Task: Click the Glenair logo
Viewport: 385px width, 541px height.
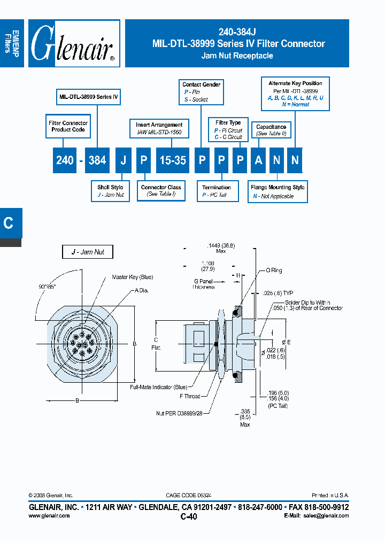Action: [x=74, y=44]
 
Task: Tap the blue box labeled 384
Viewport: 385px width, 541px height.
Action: [x=97, y=160]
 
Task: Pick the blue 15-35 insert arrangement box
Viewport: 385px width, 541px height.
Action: [x=173, y=160]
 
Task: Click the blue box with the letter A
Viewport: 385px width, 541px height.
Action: [x=258, y=160]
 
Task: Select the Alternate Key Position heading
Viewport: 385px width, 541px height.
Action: [x=295, y=83]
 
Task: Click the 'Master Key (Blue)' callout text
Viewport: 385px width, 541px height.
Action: [x=132, y=277]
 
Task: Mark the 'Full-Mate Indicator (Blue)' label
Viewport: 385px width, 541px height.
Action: [x=158, y=386]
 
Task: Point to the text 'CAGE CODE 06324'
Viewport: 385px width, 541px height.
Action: [x=192, y=496]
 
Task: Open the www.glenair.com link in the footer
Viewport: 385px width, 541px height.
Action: [x=49, y=515]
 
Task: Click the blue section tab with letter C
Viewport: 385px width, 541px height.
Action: [x=9, y=223]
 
